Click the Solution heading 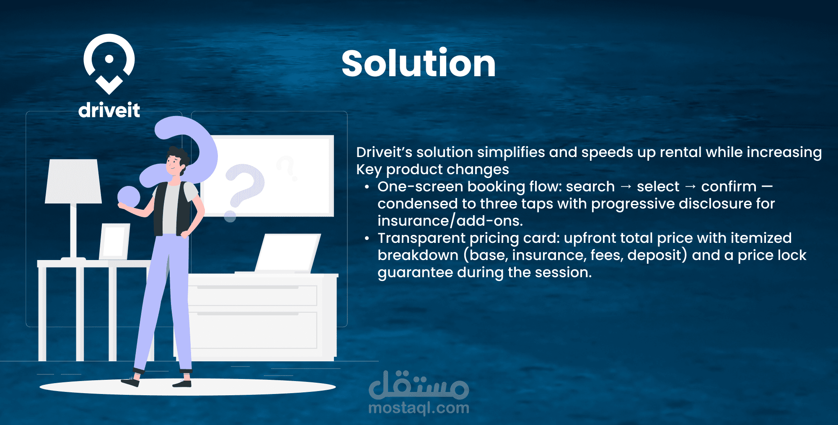point(419,63)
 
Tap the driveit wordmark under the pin point(109,110)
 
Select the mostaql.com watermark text point(419,408)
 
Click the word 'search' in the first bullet point(590,186)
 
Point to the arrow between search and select point(626,187)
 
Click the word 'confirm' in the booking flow point(729,186)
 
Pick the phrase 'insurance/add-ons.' point(450,221)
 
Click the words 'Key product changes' point(432,169)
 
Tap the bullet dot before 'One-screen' point(367,187)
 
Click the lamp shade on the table point(73,181)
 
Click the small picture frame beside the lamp point(114,242)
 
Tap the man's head point(176,161)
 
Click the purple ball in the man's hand point(129,197)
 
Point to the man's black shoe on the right point(182,383)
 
